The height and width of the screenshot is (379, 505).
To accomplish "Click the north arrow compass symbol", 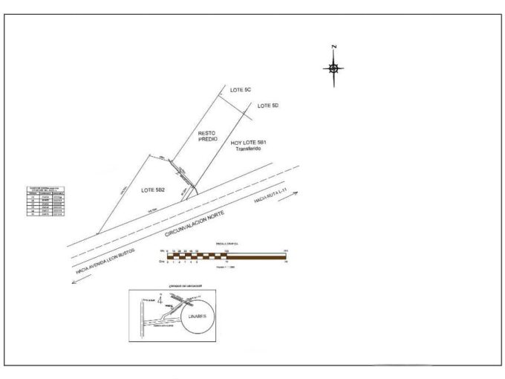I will (x=334, y=68).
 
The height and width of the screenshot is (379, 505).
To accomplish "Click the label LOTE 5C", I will (x=241, y=90).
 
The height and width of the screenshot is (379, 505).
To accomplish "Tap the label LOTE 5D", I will (x=268, y=106).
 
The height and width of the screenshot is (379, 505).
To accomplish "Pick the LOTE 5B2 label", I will (x=152, y=191).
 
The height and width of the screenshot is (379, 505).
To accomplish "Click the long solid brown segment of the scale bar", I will (x=255, y=257).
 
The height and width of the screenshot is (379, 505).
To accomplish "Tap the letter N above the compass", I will (x=335, y=48).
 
